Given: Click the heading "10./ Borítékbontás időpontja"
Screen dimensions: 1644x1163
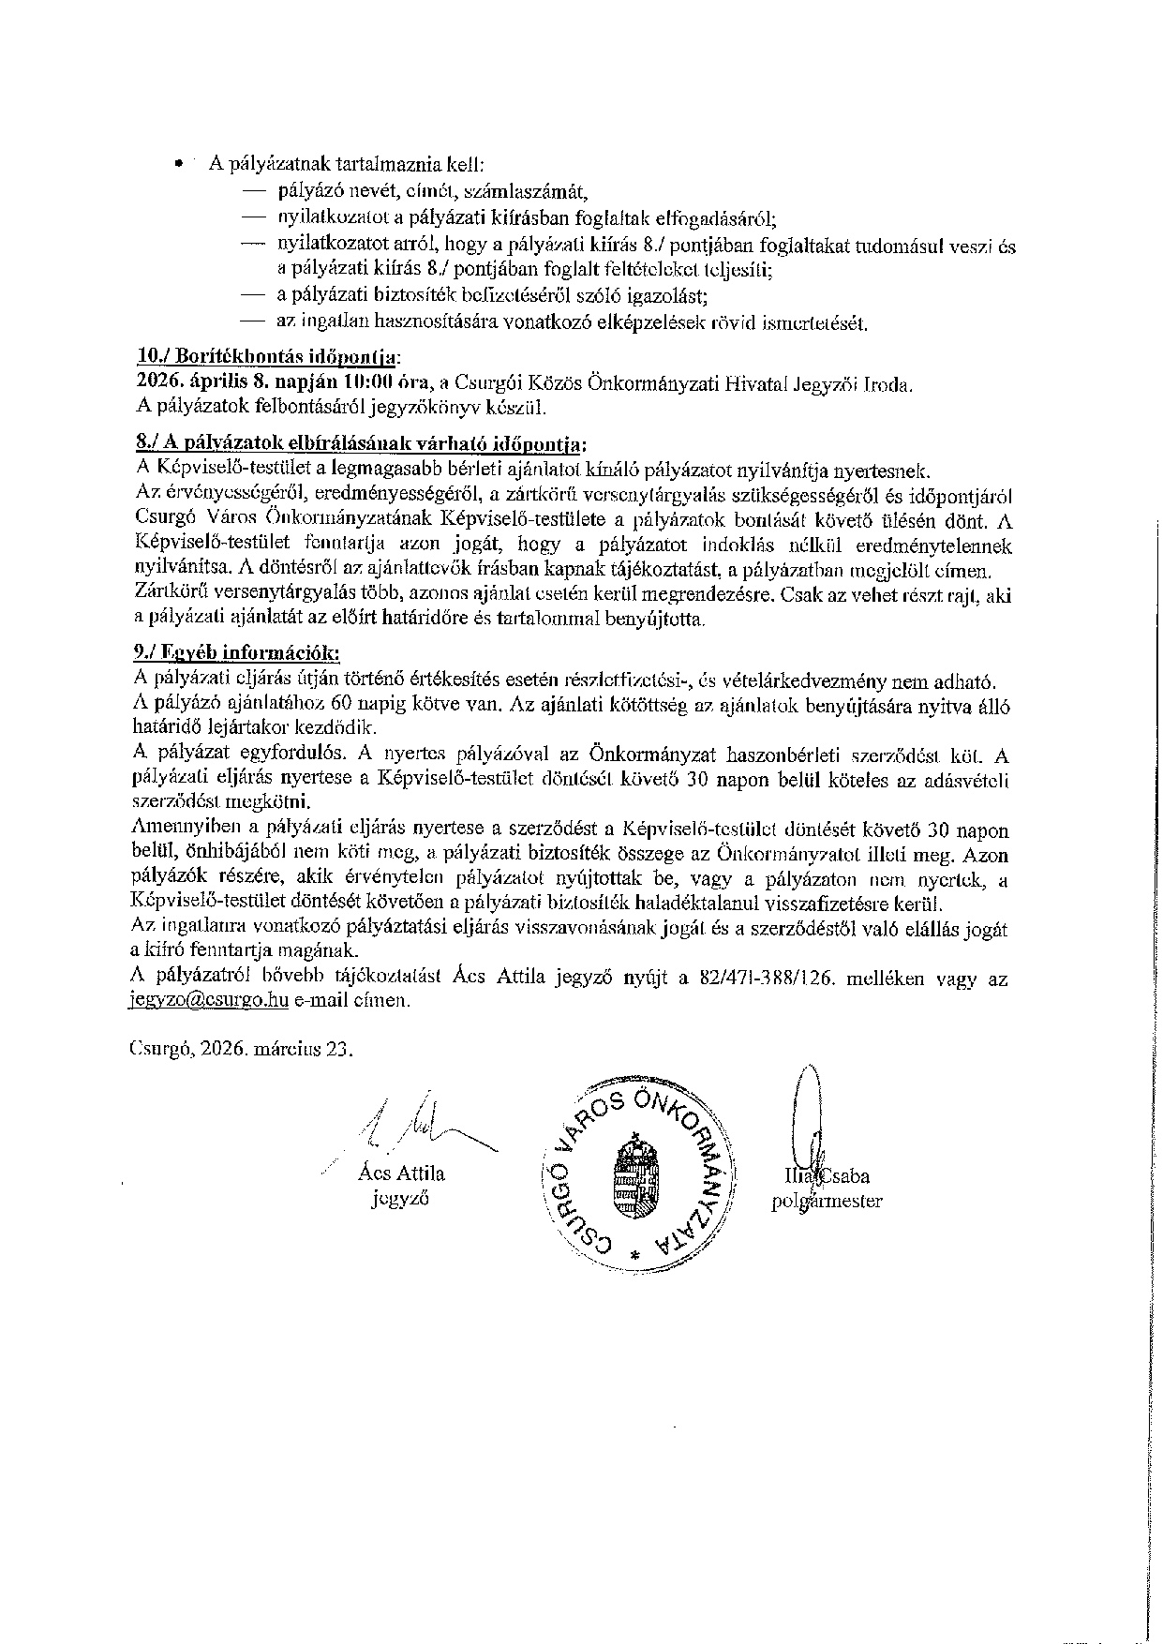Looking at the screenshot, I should pos(267,358).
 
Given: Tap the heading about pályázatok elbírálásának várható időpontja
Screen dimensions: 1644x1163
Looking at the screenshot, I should pos(364,442).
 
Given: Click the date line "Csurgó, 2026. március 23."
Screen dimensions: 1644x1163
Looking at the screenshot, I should pos(241,1049).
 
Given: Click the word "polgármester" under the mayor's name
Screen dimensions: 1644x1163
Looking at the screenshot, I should pos(827,1201).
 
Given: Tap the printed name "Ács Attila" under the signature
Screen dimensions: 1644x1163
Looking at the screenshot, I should pos(401,1173).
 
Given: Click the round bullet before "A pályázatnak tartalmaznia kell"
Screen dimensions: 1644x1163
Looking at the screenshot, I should pos(177,165).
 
